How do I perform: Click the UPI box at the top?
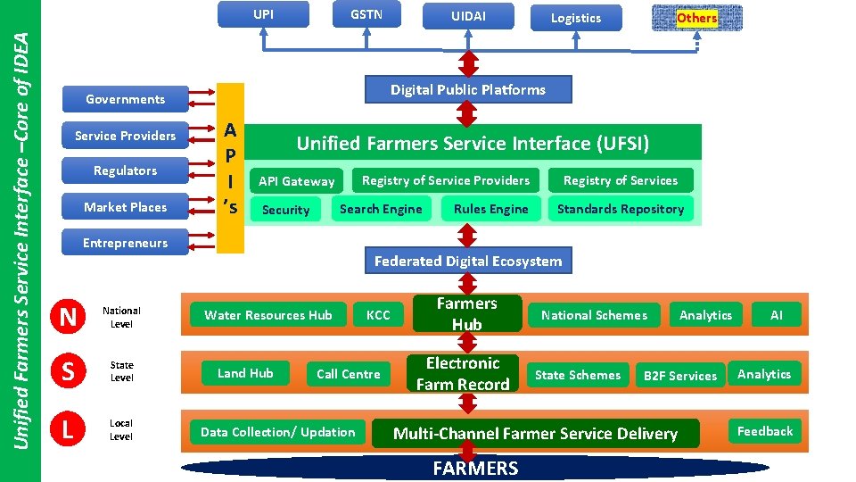(264, 14)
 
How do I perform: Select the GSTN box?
(366, 14)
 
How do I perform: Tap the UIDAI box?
(469, 17)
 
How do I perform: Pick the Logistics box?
(576, 18)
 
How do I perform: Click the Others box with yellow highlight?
(696, 18)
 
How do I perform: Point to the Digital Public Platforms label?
(468, 89)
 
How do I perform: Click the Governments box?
(125, 99)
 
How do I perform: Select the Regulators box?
(125, 170)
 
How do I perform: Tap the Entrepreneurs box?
(125, 243)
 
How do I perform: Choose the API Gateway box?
(296, 181)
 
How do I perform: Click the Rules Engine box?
(490, 209)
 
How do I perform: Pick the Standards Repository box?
(621, 209)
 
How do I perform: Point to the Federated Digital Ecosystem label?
(468, 261)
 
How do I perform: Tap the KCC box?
(378, 315)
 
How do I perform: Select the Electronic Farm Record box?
(463, 373)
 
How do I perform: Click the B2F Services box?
(680, 376)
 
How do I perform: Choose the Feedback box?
(764, 431)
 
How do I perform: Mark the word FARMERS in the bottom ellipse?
(475, 468)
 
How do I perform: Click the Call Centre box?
(348, 374)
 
